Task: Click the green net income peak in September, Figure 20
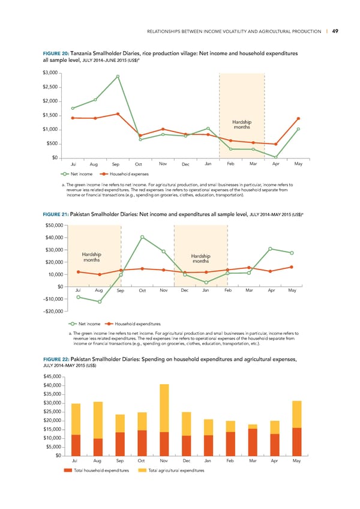pyautogui.click(x=118, y=76)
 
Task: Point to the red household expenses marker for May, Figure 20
pyautogui.click(x=298, y=118)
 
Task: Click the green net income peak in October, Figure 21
pyautogui.click(x=142, y=237)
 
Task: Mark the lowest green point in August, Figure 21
pyautogui.click(x=100, y=302)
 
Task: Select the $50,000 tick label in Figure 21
pyautogui.click(x=55, y=226)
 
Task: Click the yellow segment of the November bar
pyautogui.click(x=164, y=408)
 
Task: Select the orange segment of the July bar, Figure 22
pyautogui.click(x=76, y=445)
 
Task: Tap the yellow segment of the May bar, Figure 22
pyautogui.click(x=296, y=414)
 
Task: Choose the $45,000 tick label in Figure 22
pyautogui.click(x=55, y=376)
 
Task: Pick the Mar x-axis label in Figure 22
pyautogui.click(x=253, y=460)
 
